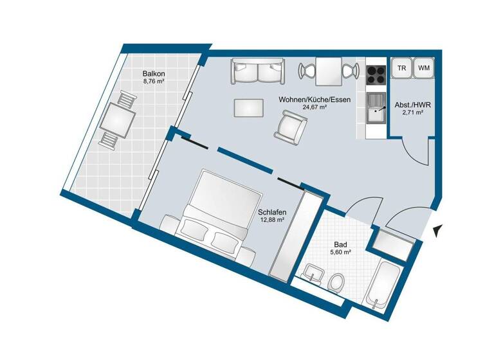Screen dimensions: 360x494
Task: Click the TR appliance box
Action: pyautogui.click(x=401, y=68)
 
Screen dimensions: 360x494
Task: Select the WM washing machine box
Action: pyautogui.click(x=423, y=68)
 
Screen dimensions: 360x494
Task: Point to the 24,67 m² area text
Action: pyautogui.click(x=315, y=108)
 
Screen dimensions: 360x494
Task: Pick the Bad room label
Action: pyautogui.click(x=341, y=245)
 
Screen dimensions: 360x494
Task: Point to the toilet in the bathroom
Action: pyautogui.click(x=335, y=281)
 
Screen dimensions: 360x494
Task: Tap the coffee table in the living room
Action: pyautogui.click(x=248, y=107)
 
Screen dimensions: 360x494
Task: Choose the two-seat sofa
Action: pyautogui.click(x=257, y=71)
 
